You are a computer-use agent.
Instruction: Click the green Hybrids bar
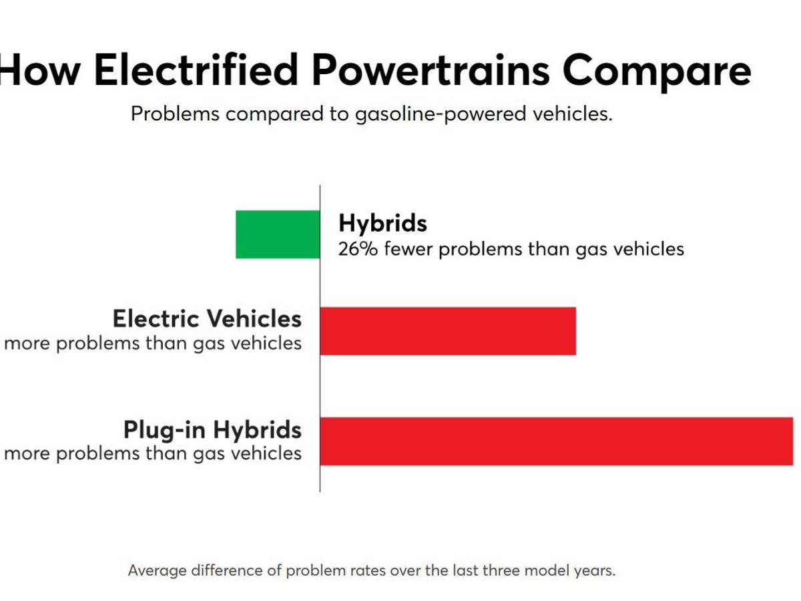278,234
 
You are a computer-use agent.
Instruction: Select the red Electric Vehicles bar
448,331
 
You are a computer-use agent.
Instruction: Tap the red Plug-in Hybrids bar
556,441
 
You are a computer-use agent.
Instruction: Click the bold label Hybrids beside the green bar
382,223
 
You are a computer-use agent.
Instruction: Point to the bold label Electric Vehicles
207,319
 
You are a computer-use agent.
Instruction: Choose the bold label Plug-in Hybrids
212,429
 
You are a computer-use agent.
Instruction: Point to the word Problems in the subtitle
175,114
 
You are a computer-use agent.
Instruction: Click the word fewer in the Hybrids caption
408,249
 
